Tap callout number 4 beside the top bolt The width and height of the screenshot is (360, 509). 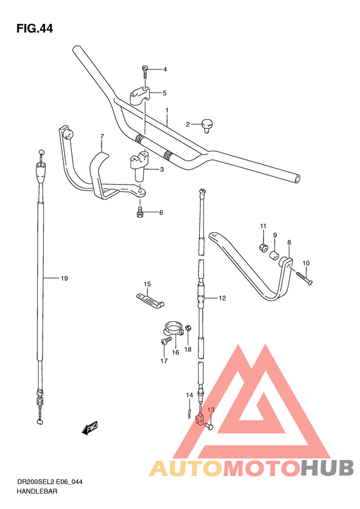pyautogui.click(x=164, y=69)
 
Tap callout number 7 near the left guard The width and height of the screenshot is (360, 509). pyautogui.click(x=102, y=136)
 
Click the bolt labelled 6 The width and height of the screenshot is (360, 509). pyautogui.click(x=140, y=212)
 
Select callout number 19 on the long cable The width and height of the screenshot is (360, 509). pyautogui.click(x=64, y=279)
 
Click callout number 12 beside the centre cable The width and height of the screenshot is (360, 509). pyautogui.click(x=222, y=298)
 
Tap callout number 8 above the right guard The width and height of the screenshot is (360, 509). pyautogui.click(x=289, y=243)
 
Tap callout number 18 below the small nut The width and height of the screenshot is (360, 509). pyautogui.click(x=188, y=349)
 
